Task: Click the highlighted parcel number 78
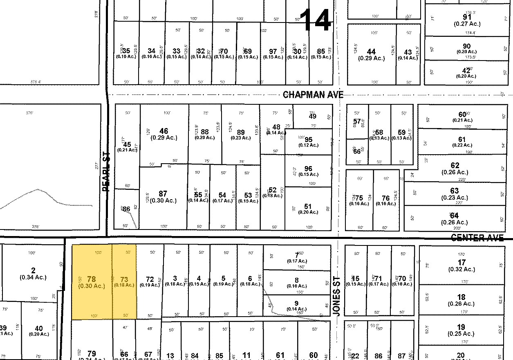pyautogui.click(x=91, y=279)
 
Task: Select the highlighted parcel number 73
pyautogui.click(x=124, y=279)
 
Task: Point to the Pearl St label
pyautogui.click(x=106, y=171)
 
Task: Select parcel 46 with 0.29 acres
pyautogui.click(x=164, y=131)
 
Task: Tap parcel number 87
pyautogui.click(x=163, y=193)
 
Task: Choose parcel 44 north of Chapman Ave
pyautogui.click(x=371, y=52)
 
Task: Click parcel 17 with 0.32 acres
pyautogui.click(x=461, y=262)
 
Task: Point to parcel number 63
pyautogui.click(x=454, y=191)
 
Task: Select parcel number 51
pyautogui.click(x=308, y=206)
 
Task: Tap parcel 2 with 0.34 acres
pyautogui.click(x=33, y=270)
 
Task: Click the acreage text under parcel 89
pyautogui.click(x=241, y=138)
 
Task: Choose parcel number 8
pyautogui.click(x=297, y=280)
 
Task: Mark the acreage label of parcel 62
pyautogui.click(x=455, y=172)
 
